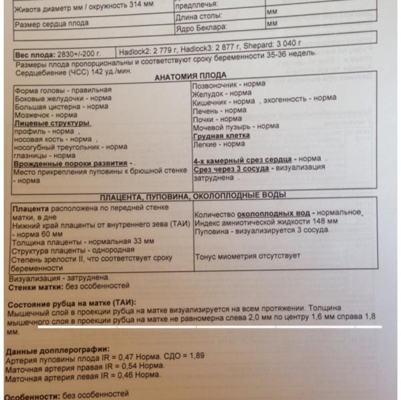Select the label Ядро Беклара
pyautogui.click(x=202, y=28)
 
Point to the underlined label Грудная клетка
pyautogui.click(x=221, y=134)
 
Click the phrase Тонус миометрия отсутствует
pyautogui.click(x=247, y=256)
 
